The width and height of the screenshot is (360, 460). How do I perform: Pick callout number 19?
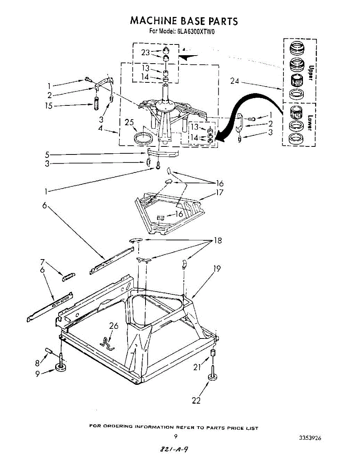pos(217,269)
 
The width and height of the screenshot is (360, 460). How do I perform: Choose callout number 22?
pos(196,401)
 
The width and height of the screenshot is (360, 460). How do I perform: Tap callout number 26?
pos(114,326)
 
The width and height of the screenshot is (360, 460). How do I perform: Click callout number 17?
pos(219,193)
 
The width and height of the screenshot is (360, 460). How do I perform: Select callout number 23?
pos(145,53)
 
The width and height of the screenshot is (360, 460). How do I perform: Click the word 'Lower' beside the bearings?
pos(311,123)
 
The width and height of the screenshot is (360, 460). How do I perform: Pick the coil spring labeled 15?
pos(96,104)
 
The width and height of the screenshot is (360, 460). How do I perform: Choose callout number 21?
pos(197,367)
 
